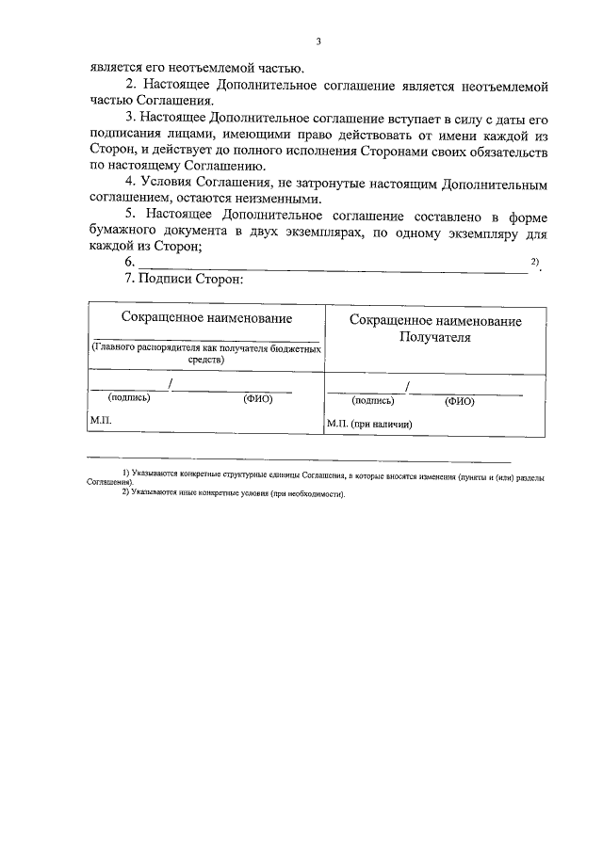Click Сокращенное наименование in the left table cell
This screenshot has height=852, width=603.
pos(206,318)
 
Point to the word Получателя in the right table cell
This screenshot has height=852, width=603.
pos(434,337)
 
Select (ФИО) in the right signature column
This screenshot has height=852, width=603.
pos(459,401)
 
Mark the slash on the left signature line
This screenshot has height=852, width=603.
pos(170,383)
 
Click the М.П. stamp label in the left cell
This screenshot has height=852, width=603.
pos(101,418)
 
